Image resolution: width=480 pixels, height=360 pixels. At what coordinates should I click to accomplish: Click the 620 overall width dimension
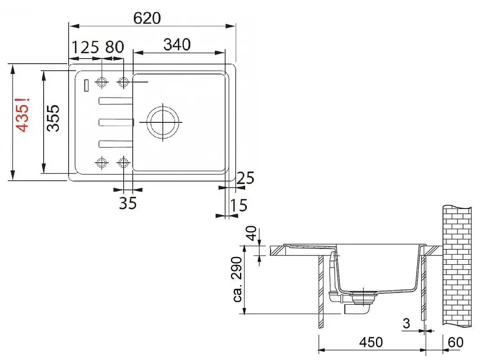(x=147, y=18)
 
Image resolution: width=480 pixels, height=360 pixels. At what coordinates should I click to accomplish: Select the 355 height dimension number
(x=53, y=119)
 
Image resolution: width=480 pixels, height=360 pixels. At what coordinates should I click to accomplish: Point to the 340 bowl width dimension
(x=177, y=45)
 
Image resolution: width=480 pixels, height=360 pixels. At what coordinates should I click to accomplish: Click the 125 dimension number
(x=85, y=47)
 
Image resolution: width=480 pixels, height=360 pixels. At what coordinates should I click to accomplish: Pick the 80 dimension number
(x=114, y=47)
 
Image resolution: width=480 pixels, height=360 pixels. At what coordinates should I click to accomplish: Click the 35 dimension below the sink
(x=127, y=203)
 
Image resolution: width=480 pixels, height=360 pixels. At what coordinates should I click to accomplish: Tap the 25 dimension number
(x=245, y=178)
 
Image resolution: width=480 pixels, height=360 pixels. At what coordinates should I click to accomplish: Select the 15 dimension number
(x=238, y=205)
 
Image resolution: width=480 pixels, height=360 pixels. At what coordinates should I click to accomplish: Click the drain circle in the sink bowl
(x=163, y=122)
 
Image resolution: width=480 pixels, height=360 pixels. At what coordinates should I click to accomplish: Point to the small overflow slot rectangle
(x=86, y=85)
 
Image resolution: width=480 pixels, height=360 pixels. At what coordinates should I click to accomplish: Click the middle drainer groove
(x=116, y=122)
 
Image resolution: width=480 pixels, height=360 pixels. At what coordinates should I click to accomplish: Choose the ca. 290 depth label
(x=238, y=279)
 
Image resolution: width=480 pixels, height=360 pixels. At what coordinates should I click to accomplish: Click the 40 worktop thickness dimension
(x=251, y=233)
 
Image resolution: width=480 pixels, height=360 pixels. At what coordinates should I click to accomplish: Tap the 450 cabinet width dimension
(x=371, y=342)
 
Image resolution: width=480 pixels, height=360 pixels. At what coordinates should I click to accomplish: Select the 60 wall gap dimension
(x=456, y=342)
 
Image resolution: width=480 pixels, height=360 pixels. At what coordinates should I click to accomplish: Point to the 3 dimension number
(x=406, y=323)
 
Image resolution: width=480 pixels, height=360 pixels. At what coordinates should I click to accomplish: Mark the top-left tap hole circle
(x=102, y=82)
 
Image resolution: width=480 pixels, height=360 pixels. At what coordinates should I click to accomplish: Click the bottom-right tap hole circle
(x=123, y=162)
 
